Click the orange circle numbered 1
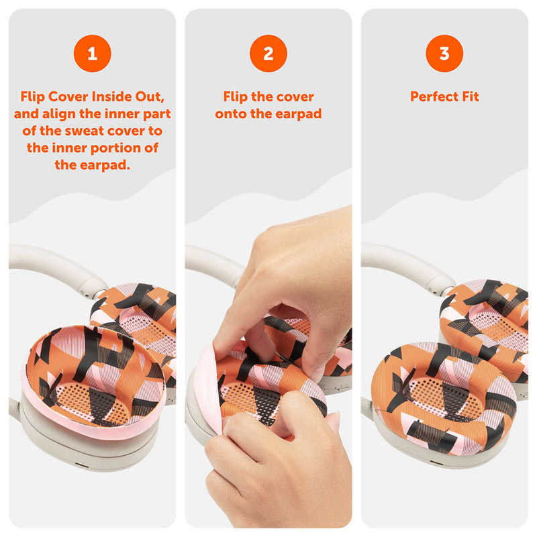pyautogui.click(x=92, y=54)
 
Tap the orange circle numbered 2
pyautogui.click(x=268, y=54)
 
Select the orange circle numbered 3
pyautogui.click(x=444, y=54)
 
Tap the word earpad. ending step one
pyautogui.click(x=105, y=165)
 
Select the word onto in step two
pyautogui.click(x=231, y=114)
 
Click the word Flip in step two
pyautogui.click(x=236, y=97)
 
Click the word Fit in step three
pyautogui.click(x=471, y=97)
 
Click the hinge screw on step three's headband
pyautogui.click(x=435, y=292)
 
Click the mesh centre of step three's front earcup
pyautogui.click(x=445, y=397)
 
